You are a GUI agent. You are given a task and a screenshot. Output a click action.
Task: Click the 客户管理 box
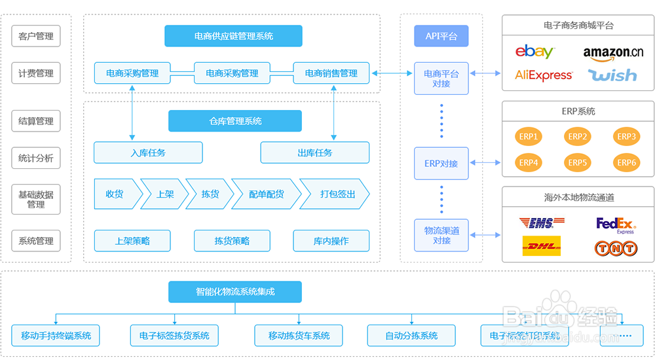click(36, 36)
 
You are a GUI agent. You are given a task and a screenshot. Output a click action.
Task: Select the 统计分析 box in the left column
click(36, 158)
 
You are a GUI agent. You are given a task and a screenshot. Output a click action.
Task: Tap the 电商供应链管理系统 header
click(233, 36)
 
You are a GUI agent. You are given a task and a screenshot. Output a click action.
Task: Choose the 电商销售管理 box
click(331, 73)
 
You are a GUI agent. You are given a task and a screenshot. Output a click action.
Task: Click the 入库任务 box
click(148, 153)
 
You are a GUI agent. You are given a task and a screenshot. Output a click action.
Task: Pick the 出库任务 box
click(314, 153)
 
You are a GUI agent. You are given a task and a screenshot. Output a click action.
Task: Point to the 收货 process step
click(116, 194)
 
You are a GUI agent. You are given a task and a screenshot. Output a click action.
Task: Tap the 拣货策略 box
click(232, 241)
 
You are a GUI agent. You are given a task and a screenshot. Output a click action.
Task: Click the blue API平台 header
click(441, 36)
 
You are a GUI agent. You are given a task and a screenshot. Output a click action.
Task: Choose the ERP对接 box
click(441, 164)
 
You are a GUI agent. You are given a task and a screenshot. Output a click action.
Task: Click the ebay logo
click(534, 52)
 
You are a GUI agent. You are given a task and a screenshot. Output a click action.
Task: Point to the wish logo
click(612, 75)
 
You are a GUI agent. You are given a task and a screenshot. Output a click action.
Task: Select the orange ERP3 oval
click(626, 137)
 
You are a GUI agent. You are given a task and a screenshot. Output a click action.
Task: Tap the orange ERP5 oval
click(577, 162)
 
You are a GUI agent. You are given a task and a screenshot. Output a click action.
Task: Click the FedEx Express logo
click(616, 225)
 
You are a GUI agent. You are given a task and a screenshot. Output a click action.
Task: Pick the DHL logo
click(541, 247)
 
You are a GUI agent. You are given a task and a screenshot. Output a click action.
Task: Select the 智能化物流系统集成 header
click(235, 292)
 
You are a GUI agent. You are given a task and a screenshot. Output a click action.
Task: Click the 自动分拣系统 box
click(411, 336)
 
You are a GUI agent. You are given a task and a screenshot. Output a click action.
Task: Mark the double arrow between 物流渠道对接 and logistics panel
click(485, 235)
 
